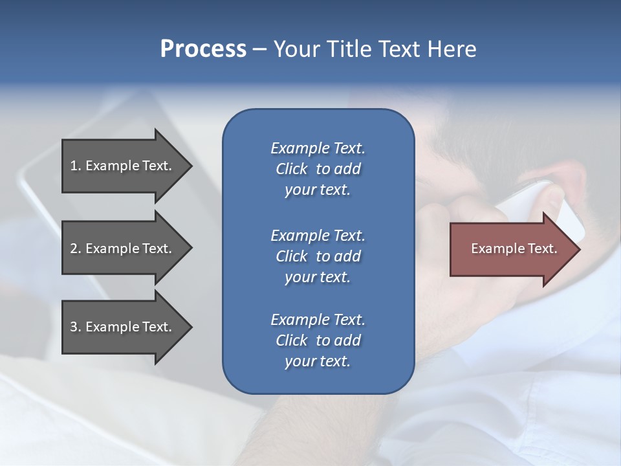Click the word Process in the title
pyautogui.click(x=203, y=49)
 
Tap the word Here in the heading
pyautogui.click(x=452, y=49)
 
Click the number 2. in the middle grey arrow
pyautogui.click(x=76, y=249)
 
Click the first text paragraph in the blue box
pyautogui.click(x=318, y=169)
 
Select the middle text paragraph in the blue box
pyautogui.click(x=318, y=256)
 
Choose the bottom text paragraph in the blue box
pyautogui.click(x=318, y=340)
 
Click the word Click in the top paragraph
pyautogui.click(x=292, y=169)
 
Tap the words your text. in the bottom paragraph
pyautogui.click(x=318, y=361)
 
